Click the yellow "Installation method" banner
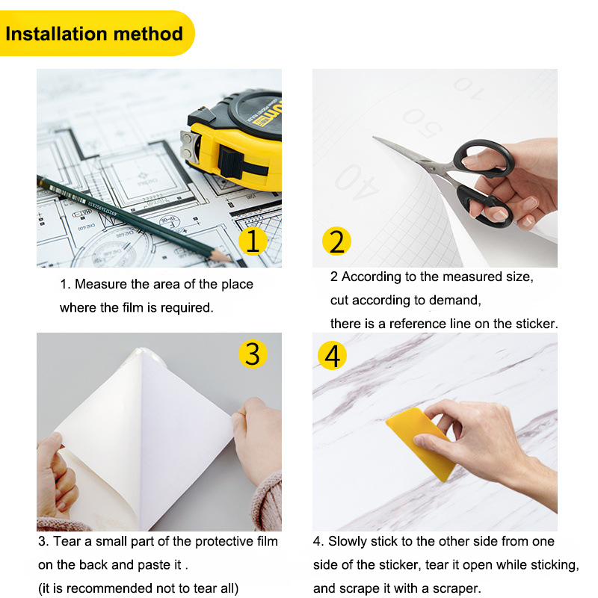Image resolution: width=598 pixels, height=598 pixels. tap(96, 34)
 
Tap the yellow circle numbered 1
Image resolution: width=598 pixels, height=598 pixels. tap(253, 241)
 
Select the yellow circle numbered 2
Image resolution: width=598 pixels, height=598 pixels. tap(336, 241)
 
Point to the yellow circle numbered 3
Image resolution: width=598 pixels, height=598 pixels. tap(253, 354)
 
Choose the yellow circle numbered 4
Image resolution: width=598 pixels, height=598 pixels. tap(332, 356)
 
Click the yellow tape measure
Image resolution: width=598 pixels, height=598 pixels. tap(232, 141)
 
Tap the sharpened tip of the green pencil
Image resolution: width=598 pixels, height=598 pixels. tap(230, 259)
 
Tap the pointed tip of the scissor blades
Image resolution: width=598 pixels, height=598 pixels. tap(374, 138)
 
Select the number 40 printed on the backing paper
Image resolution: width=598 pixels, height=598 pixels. tap(357, 182)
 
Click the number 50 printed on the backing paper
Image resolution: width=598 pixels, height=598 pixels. tap(422, 123)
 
